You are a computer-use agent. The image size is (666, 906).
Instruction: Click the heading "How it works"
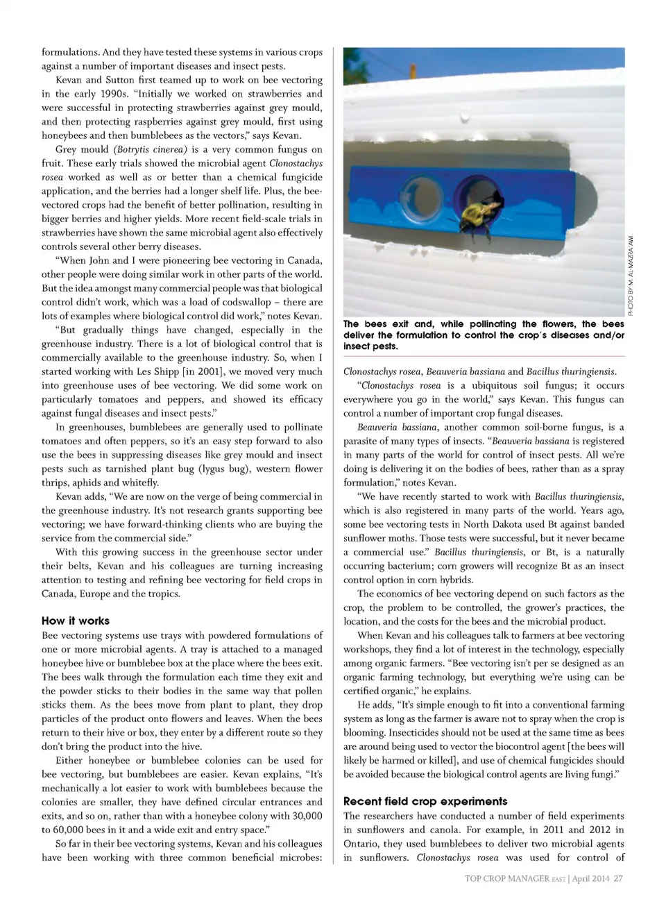tap(76, 621)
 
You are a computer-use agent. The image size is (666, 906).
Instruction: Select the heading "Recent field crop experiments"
tap(425, 801)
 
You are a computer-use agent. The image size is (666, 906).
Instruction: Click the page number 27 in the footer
tap(617, 878)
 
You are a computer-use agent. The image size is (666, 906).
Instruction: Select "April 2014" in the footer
tap(591, 878)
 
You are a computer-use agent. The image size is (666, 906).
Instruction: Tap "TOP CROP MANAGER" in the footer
tap(506, 878)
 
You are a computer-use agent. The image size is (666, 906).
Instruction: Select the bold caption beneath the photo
tap(484, 335)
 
